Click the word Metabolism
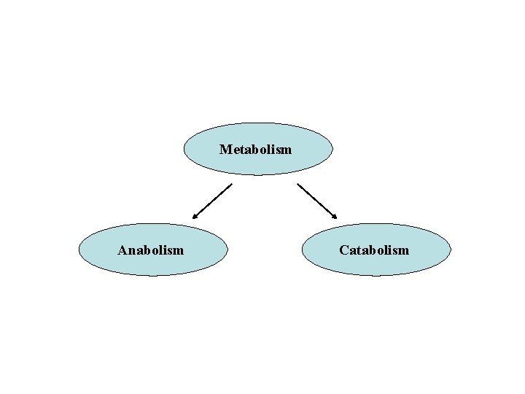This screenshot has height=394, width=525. click(x=255, y=150)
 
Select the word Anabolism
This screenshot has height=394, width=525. click(x=151, y=250)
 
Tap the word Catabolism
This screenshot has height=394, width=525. click(x=374, y=250)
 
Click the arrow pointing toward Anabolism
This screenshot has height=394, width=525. click(x=211, y=201)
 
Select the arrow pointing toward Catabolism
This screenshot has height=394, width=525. click(x=317, y=201)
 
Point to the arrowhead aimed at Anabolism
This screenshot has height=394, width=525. click(x=194, y=217)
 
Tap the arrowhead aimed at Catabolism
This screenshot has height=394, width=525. click(x=335, y=217)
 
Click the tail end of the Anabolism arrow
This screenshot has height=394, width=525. click(x=231, y=184)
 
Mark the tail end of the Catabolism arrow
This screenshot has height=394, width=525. click(x=297, y=183)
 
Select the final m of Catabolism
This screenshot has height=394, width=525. click(x=404, y=251)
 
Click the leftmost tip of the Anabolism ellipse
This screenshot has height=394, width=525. click(x=78, y=250)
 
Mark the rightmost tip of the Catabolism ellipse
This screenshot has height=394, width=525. click(x=451, y=250)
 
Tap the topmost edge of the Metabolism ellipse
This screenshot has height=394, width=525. click(x=258, y=123)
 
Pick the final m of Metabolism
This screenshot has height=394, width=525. click(x=286, y=150)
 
